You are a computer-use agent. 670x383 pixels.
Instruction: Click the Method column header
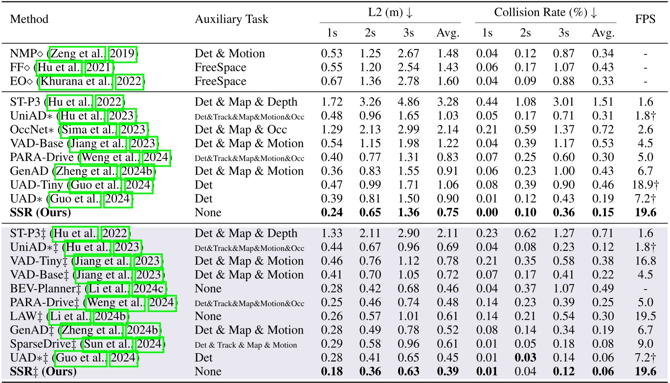click(29, 20)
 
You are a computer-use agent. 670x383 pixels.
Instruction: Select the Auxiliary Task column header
click(231, 20)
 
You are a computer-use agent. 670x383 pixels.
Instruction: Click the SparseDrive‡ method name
click(41, 344)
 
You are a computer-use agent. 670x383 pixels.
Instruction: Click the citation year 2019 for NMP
click(123, 53)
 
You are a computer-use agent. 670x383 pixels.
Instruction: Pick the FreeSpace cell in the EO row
click(221, 81)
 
